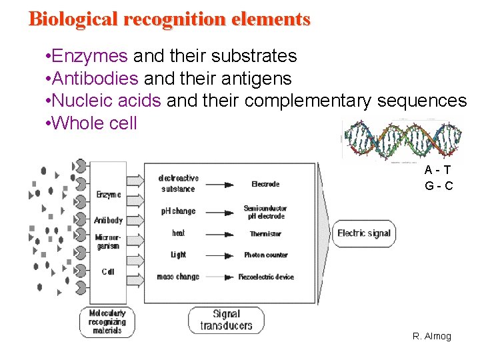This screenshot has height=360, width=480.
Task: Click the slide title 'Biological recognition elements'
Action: [169, 19]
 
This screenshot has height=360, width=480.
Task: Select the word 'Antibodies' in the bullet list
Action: [95, 79]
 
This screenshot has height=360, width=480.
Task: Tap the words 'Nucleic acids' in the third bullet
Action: [106, 101]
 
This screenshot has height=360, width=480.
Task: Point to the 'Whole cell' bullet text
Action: [94, 123]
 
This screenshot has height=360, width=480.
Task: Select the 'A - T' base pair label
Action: [439, 171]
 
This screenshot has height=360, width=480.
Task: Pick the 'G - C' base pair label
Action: [439, 186]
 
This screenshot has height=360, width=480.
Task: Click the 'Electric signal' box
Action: [363, 233]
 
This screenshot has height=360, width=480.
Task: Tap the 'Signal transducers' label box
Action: [226, 319]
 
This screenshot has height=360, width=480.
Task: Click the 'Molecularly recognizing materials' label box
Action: [107, 321]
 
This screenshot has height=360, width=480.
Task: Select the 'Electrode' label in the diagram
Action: [265, 184]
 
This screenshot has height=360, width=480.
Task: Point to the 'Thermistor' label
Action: [265, 234]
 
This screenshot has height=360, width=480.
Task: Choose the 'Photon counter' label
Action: [265, 255]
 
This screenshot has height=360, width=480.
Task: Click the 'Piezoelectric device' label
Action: [265, 277]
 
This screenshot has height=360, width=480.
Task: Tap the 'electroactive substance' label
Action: [178, 183]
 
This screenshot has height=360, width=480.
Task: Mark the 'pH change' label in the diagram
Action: [178, 211]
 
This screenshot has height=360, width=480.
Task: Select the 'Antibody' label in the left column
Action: [108, 220]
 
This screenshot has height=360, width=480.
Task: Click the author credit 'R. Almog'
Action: [432, 336]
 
